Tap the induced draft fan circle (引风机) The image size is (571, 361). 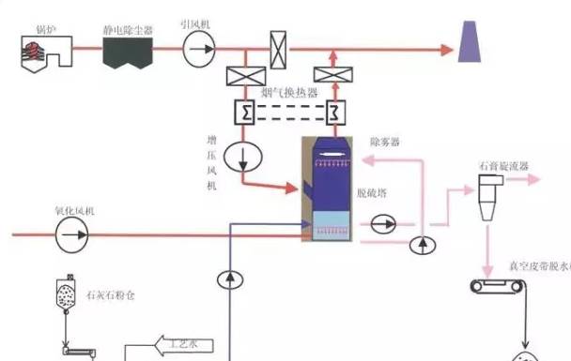pyautogui.click(x=198, y=45)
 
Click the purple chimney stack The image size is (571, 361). pyautogui.click(x=468, y=44)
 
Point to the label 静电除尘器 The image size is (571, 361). pyautogui.click(x=128, y=28)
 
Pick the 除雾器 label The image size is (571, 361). pyautogui.click(x=385, y=143)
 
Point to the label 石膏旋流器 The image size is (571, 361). pyautogui.click(x=504, y=166)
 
